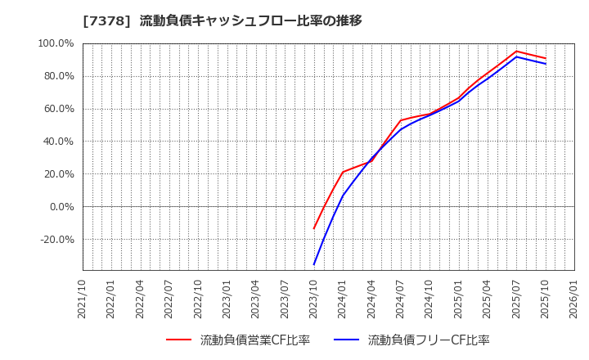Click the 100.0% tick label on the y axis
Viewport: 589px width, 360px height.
coord(56,43)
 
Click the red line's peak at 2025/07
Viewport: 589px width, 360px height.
coord(516,52)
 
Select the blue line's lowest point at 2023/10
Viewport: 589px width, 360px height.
coord(314,264)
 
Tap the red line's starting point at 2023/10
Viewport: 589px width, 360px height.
coord(314,228)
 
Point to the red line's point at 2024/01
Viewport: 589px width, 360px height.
coord(343,172)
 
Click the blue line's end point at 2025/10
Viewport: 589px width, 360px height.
coord(545,64)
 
